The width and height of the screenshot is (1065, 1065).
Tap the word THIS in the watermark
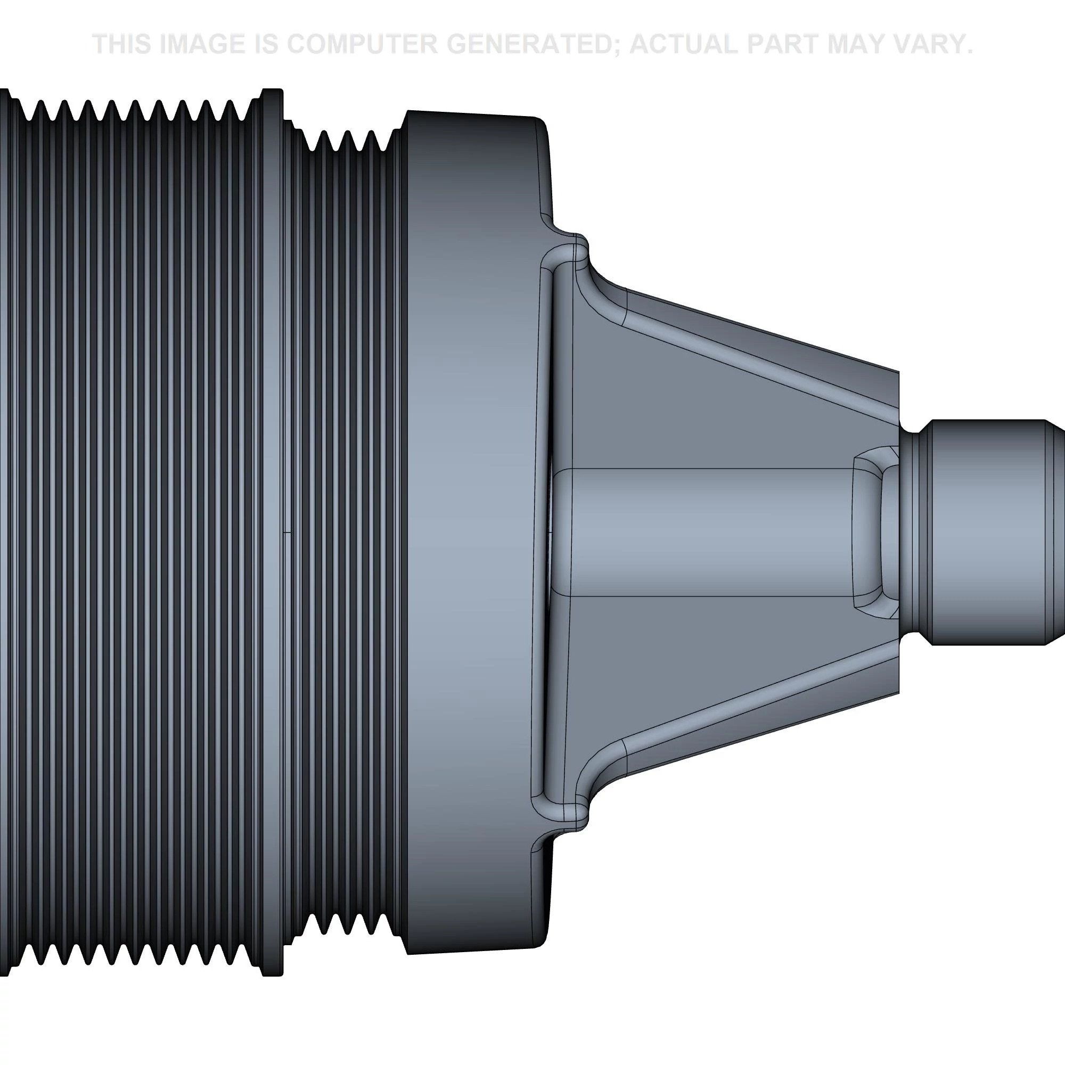[x=122, y=44]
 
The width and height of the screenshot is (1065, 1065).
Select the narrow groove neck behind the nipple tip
[x=915, y=532]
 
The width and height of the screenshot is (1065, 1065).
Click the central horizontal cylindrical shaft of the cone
[x=711, y=532]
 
